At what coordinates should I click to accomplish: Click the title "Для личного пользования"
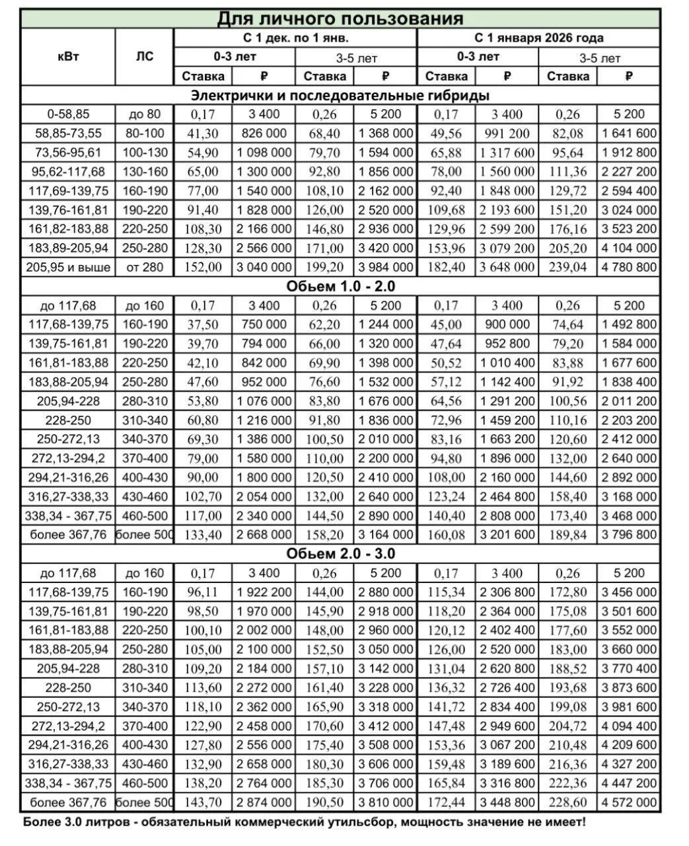click(x=340, y=18)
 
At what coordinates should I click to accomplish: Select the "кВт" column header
click(x=68, y=56)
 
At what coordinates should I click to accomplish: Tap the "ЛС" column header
click(x=144, y=56)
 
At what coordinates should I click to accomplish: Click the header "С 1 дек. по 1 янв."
click(x=295, y=38)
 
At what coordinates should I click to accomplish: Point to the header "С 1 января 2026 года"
click(x=538, y=38)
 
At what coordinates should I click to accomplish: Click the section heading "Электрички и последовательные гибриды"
click(x=340, y=95)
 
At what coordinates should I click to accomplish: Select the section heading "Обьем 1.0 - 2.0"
click(x=340, y=286)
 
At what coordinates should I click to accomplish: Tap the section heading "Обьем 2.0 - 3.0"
click(x=340, y=554)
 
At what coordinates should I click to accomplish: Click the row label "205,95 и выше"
click(x=69, y=267)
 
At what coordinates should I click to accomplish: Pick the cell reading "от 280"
click(x=144, y=267)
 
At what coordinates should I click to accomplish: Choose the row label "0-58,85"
click(x=69, y=114)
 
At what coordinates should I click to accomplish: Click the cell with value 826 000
click(x=264, y=134)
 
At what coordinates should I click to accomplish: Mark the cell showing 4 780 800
click(x=629, y=267)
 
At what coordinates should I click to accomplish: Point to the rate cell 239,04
click(x=567, y=267)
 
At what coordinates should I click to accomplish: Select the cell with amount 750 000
click(x=264, y=325)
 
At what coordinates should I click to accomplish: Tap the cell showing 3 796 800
click(x=629, y=535)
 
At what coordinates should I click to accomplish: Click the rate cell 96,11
click(x=203, y=592)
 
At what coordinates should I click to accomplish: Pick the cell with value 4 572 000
click(x=629, y=802)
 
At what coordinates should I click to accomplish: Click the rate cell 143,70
click(x=203, y=802)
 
